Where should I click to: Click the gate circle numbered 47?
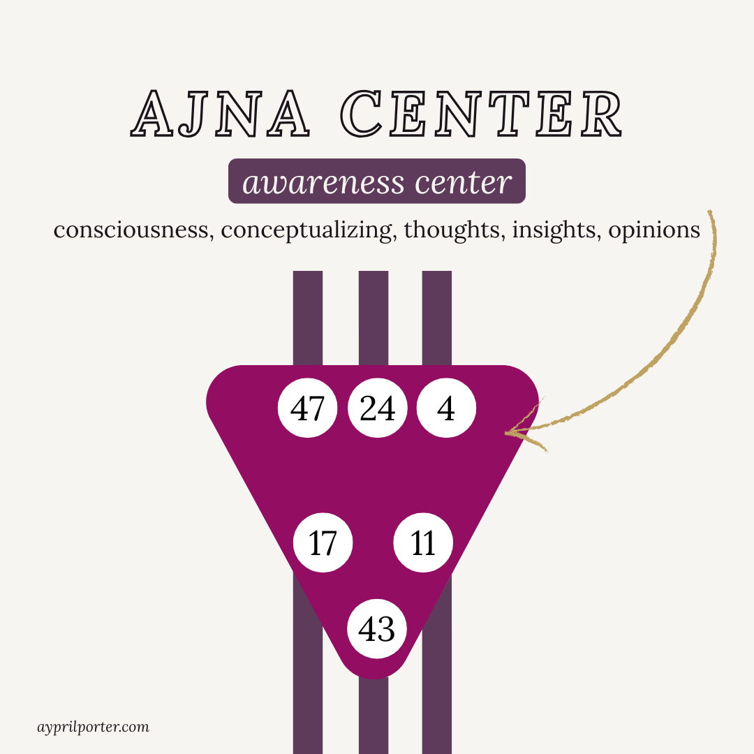pyautogui.click(x=308, y=408)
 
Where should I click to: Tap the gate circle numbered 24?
pyautogui.click(x=377, y=408)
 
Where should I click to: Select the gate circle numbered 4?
pyautogui.click(x=446, y=408)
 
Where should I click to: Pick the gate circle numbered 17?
pyautogui.click(x=323, y=543)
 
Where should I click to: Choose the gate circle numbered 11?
pyautogui.click(x=423, y=543)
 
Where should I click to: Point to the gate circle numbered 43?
pyautogui.click(x=376, y=629)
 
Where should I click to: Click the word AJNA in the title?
pyautogui.click(x=221, y=112)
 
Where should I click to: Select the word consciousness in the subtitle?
pyautogui.click(x=133, y=230)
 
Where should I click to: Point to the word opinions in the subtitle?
pyautogui.click(x=654, y=230)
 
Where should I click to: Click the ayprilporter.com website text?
pyautogui.click(x=93, y=727)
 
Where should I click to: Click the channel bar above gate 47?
pyautogui.click(x=308, y=318)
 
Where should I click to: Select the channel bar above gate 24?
pyautogui.click(x=374, y=318)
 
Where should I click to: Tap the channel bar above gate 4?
pyautogui.click(x=437, y=318)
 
